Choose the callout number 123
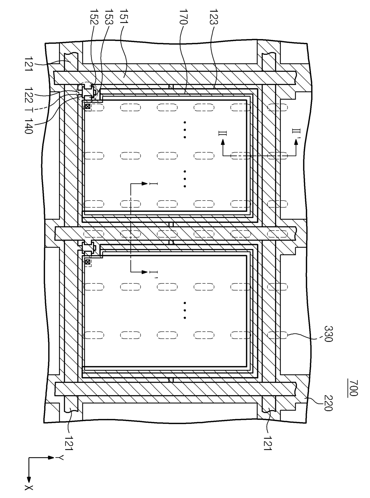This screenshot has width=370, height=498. pos(214,18)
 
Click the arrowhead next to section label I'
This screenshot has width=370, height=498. pos(145,272)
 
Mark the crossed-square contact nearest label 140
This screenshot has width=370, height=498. pos(87,106)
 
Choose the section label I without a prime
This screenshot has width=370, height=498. pos(155,184)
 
